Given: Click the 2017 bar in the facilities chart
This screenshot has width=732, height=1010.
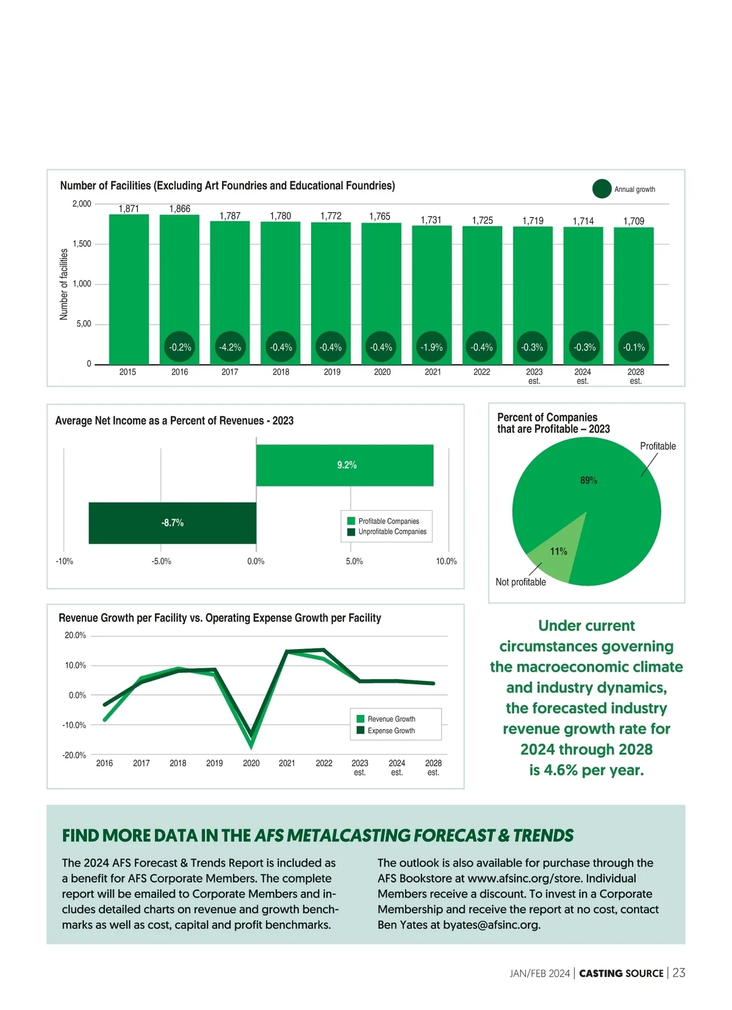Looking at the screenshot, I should (230, 286).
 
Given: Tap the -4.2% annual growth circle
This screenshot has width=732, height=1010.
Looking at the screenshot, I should (230, 347).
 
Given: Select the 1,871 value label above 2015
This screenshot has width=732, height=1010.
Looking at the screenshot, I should (129, 208).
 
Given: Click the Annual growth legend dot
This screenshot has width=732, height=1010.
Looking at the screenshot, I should (601, 189).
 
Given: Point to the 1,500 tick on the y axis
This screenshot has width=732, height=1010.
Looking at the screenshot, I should (82, 244).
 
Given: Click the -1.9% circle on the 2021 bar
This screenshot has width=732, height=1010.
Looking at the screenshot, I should (431, 347).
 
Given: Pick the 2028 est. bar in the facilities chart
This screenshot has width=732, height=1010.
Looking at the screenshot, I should (633, 286).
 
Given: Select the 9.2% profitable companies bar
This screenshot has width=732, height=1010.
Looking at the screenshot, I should (345, 465).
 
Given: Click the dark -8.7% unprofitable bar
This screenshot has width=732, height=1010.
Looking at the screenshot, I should (172, 523).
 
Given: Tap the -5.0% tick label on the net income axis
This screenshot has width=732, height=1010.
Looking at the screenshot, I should (161, 561).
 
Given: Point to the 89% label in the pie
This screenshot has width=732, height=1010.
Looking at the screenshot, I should (589, 480).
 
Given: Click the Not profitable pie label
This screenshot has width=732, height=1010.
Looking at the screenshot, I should (520, 582).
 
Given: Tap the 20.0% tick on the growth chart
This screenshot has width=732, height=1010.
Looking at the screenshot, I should (75, 635).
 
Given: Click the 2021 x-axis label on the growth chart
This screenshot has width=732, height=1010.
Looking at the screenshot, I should (287, 763).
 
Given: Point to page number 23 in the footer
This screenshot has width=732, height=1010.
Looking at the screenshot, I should (679, 973).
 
